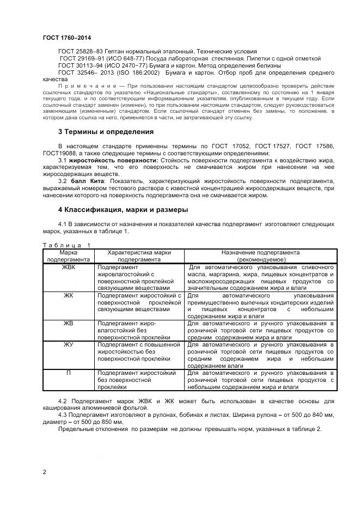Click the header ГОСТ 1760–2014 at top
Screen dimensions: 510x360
pyautogui.click(x=66, y=38)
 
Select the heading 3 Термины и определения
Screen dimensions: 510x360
pyautogui.click(x=106, y=132)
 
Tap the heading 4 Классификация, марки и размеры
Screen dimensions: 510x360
pyautogui.click(x=123, y=209)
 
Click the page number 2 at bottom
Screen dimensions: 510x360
pyautogui.click(x=44, y=472)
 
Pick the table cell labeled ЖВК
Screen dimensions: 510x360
pyautogui.click(x=68, y=267)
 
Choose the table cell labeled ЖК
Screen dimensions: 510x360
pyautogui.click(x=68, y=295)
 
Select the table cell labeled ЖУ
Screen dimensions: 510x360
pyautogui.click(x=68, y=345)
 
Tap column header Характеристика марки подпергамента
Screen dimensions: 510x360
pyautogui.click(x=139, y=256)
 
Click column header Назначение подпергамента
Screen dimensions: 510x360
pyautogui.click(x=260, y=256)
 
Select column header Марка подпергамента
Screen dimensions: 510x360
pyautogui.click(x=68, y=256)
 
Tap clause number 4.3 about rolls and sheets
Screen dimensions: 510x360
pyautogui.click(x=63, y=415)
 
